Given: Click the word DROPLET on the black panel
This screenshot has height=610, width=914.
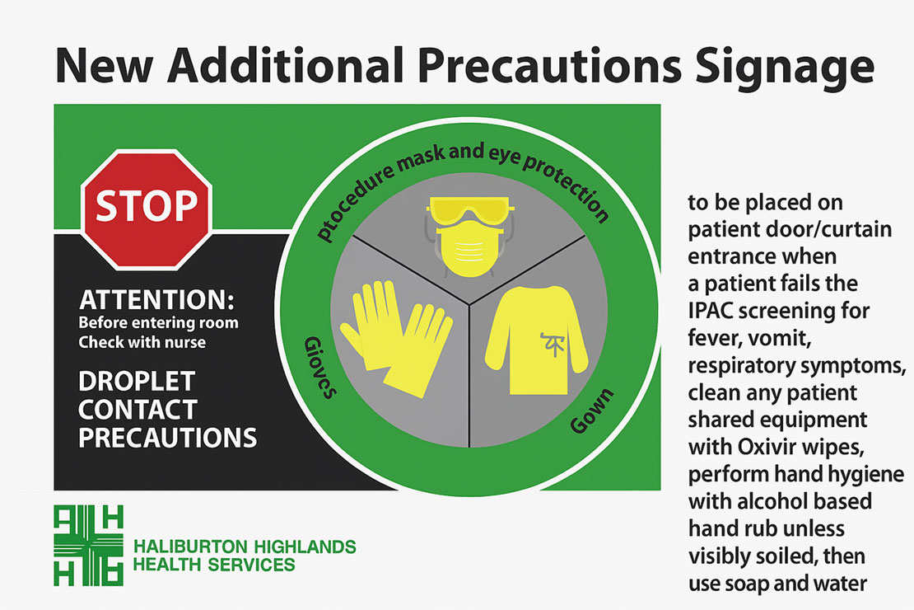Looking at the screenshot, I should click(137, 382).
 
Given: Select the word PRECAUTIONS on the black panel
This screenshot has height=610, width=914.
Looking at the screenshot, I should click(168, 436).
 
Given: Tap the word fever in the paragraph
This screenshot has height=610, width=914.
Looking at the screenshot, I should click(711, 340).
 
